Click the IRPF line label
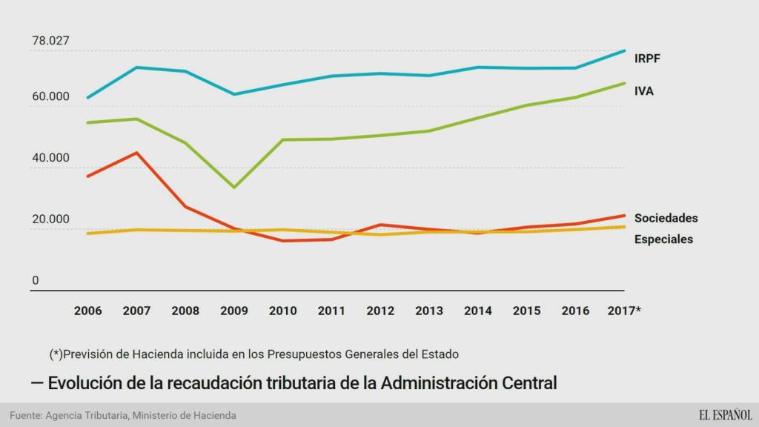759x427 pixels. click(x=647, y=59)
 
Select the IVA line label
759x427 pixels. click(x=643, y=91)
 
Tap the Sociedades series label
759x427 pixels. click(x=666, y=218)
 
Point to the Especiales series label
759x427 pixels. click(x=663, y=239)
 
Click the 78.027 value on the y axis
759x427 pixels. click(x=50, y=41)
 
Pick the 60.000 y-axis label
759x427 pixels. click(x=50, y=97)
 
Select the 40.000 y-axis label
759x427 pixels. click(x=50, y=158)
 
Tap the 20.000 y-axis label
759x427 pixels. click(x=50, y=219)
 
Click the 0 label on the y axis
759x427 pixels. click(x=36, y=280)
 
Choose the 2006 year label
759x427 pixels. click(x=88, y=311)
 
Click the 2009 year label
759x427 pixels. click(x=233, y=311)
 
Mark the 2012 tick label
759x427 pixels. click(x=379, y=311)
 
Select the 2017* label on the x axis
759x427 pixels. click(x=623, y=311)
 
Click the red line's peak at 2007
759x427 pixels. click(x=136, y=153)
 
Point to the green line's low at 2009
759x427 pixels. click(x=234, y=187)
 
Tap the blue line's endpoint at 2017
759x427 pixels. click(x=624, y=50)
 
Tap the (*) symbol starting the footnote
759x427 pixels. click(x=56, y=354)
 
